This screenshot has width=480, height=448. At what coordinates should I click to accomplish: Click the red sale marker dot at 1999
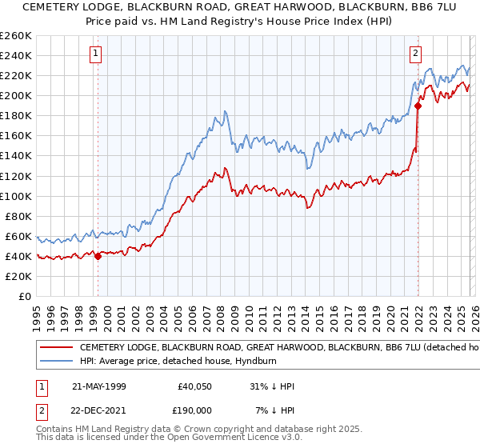pos(98,256)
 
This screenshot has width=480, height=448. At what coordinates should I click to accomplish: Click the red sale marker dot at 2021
pos(418,106)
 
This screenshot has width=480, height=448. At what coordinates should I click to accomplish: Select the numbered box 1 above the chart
pos(95,54)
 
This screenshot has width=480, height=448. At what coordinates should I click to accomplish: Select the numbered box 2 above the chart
pos(416,54)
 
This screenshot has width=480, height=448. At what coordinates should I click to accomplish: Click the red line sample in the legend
pos(56,348)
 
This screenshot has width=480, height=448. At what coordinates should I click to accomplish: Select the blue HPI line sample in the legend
pos(56,362)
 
